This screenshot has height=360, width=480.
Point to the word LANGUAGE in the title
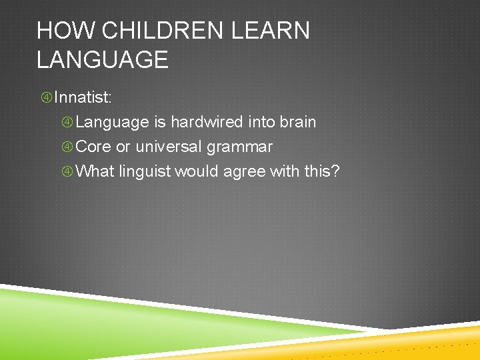[x=103, y=60]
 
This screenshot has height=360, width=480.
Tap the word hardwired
[x=207, y=122]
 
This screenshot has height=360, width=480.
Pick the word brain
[x=297, y=122]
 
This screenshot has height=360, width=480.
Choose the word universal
[x=169, y=147]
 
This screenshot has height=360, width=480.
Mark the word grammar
[x=239, y=147]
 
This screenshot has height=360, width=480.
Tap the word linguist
[x=145, y=171]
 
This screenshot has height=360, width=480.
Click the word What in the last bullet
[x=96, y=171]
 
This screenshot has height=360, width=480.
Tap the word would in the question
[x=197, y=171]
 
